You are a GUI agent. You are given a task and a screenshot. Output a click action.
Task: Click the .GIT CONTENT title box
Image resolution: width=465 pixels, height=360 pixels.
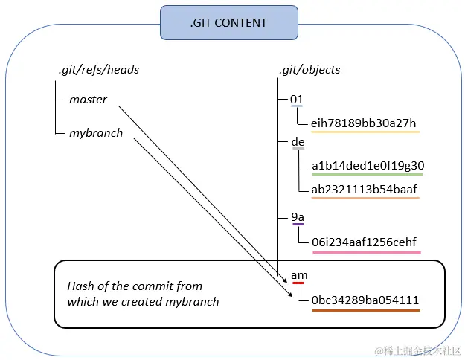(x=229, y=22)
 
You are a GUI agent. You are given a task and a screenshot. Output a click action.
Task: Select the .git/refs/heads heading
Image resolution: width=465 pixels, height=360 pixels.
(x=99, y=70)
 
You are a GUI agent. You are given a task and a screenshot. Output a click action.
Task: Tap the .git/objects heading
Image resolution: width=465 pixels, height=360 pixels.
(x=310, y=70)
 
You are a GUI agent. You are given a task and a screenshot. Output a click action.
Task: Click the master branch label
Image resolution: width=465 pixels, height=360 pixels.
(x=88, y=100)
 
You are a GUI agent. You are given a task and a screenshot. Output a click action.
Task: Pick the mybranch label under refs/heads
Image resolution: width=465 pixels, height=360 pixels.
(x=96, y=133)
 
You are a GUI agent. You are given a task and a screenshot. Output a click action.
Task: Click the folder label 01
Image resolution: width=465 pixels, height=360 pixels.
(x=297, y=99)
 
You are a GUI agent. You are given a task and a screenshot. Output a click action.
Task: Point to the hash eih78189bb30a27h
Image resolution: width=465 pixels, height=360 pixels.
(x=363, y=123)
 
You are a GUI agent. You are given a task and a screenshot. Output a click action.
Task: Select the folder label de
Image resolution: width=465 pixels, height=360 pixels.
(x=298, y=141)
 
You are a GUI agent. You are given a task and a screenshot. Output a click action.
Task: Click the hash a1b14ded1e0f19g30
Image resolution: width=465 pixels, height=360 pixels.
(x=368, y=165)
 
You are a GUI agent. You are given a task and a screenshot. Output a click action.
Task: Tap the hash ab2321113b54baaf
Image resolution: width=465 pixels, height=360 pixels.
(x=364, y=189)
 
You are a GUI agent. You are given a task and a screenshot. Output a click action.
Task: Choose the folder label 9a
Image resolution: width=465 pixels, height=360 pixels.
(x=298, y=217)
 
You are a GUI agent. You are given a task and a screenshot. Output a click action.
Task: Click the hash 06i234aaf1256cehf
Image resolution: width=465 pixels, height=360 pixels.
(x=364, y=242)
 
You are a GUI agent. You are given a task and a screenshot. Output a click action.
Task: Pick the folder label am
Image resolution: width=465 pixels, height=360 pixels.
(x=299, y=275)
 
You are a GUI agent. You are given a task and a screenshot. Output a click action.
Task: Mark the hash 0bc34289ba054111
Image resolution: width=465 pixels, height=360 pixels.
(x=365, y=300)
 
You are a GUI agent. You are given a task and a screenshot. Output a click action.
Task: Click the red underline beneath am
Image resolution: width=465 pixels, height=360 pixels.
(x=298, y=283)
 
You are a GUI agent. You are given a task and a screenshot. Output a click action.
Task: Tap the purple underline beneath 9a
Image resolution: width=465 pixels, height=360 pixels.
(x=298, y=224)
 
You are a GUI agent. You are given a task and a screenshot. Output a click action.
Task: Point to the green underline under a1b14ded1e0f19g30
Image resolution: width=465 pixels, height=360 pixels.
(x=368, y=174)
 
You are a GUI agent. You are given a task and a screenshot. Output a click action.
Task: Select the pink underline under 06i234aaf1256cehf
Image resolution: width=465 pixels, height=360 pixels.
(x=367, y=252)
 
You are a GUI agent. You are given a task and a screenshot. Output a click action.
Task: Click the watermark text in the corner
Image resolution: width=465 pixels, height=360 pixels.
(x=418, y=351)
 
